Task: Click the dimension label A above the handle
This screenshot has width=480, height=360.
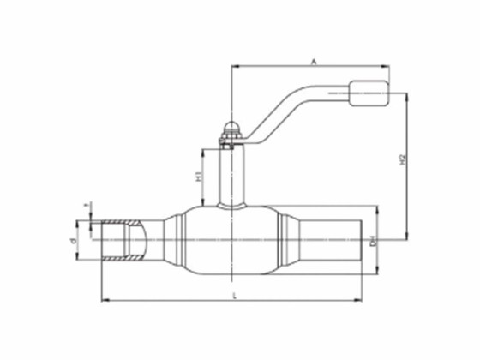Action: tap(314, 61)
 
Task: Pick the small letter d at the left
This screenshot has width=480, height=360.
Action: tap(75, 243)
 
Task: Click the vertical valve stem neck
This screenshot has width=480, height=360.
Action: tap(229, 176)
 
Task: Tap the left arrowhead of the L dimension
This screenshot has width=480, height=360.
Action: tap(105, 300)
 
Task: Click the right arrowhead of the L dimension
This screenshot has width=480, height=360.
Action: tap(359, 300)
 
